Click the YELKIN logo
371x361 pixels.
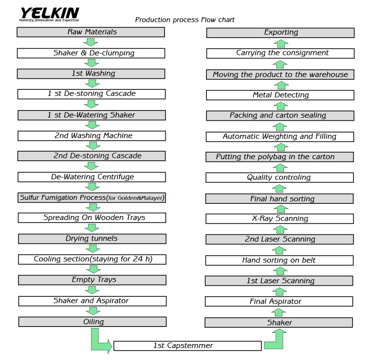(49, 14)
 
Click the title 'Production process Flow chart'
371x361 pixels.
(185, 20)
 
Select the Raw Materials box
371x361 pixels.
(91, 32)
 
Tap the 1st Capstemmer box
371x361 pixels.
(187, 346)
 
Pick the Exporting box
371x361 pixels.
(281, 33)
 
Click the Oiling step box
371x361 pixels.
(92, 322)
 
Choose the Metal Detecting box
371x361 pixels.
(280, 95)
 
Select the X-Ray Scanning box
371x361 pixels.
(280, 219)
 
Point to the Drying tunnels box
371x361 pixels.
(92, 239)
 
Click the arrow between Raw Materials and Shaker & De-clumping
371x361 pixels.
(90, 42)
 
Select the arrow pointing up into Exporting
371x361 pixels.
(281, 44)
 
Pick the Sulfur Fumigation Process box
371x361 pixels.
(92, 198)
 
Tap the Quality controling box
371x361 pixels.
(280, 178)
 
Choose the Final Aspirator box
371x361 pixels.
(279, 301)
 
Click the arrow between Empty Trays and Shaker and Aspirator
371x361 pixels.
(92, 290)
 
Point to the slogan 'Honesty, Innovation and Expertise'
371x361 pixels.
(49, 20)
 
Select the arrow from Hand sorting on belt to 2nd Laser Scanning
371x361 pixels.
(279, 250)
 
